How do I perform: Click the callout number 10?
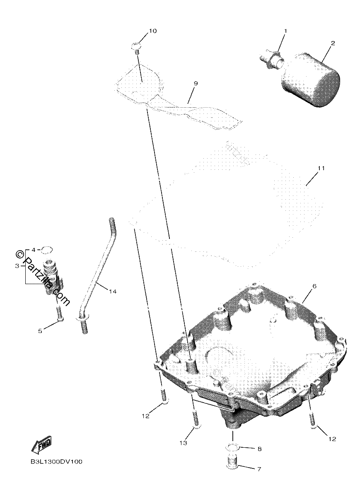(x=152, y=31)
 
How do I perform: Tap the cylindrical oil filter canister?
(x=310, y=81)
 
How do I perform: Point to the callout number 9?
(x=196, y=84)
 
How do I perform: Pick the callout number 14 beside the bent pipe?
(x=113, y=291)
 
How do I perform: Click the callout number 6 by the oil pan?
(x=314, y=286)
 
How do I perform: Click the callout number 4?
(x=33, y=250)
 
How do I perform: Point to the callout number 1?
(x=286, y=31)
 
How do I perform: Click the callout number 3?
(x=17, y=266)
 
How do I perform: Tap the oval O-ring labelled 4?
(x=47, y=250)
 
